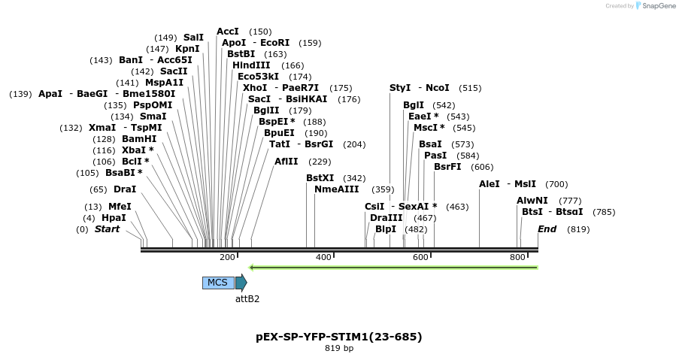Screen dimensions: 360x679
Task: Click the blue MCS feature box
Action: [x=217, y=283]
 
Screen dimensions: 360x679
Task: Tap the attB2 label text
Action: [x=247, y=298]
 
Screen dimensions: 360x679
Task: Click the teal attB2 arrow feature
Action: [x=241, y=283]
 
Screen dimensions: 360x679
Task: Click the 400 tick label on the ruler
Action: [x=323, y=258]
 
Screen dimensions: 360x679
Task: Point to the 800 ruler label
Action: [x=517, y=258]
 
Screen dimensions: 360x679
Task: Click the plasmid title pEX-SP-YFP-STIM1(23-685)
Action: [x=339, y=337]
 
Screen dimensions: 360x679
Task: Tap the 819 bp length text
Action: [x=339, y=349]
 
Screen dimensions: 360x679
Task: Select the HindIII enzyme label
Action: [x=251, y=65]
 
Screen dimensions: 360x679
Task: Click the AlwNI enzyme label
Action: [x=532, y=200]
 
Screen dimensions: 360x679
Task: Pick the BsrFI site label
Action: [x=447, y=167]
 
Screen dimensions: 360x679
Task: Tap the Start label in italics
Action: [x=107, y=229]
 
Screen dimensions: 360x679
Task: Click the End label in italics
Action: [x=547, y=229]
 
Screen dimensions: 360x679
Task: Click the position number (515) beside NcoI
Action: [x=470, y=88]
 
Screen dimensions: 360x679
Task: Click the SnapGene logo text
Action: [x=656, y=6]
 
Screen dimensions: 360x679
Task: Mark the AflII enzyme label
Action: [x=286, y=161]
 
